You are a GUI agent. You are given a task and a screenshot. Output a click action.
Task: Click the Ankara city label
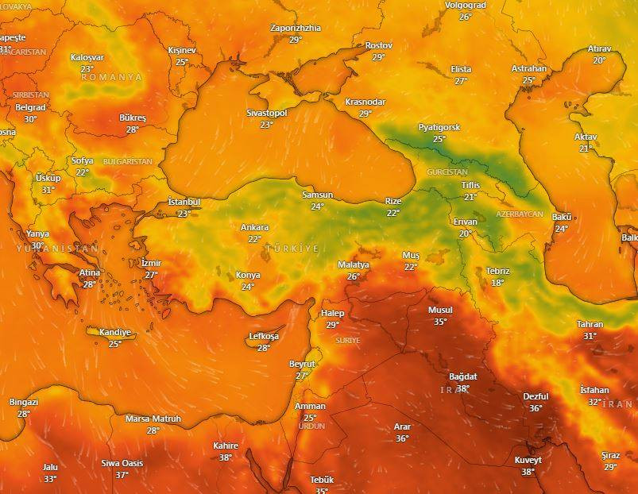coord(254,228)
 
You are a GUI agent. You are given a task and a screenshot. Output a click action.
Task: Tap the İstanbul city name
coord(184,203)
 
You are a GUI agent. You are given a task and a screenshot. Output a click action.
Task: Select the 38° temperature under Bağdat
coord(462,388)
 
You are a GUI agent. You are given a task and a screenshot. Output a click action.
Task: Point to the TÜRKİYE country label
coord(292,249)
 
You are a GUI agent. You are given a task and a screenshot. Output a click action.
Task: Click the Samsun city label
coord(317,195)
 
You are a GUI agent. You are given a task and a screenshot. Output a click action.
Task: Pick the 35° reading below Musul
coord(440,322)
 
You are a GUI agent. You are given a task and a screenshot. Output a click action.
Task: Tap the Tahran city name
coord(590,325)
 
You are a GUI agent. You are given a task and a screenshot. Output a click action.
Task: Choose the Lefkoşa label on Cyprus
coord(264,337)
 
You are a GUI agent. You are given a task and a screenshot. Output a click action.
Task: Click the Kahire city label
coord(226,446)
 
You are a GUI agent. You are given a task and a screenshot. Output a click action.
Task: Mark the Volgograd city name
coord(465,5)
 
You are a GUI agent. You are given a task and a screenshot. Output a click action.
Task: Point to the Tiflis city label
coord(470,186)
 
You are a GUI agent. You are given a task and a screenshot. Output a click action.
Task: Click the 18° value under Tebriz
coord(497,283)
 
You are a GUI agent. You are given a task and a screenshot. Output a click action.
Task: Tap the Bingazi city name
coord(24,403)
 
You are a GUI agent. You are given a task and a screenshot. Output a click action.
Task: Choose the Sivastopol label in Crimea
coord(266,114)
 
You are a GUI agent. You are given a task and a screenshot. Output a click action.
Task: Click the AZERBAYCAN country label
coord(519,215)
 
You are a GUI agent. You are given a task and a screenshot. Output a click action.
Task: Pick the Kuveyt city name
coord(528,461)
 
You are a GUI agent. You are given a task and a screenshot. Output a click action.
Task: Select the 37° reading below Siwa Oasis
coord(122,475)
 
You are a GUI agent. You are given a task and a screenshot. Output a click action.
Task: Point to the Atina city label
coord(90,273)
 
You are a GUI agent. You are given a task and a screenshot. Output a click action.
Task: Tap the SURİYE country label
coord(348,340)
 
